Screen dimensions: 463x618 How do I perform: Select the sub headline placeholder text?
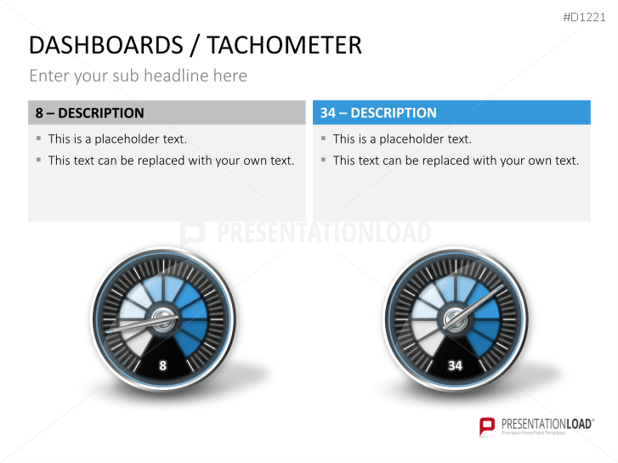click(x=138, y=76)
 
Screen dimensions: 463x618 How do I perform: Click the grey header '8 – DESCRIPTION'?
click(x=90, y=113)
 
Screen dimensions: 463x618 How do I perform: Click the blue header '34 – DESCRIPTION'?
click(x=378, y=113)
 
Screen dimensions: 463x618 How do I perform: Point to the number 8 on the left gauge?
click(x=162, y=365)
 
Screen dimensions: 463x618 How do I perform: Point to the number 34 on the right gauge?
click(x=455, y=365)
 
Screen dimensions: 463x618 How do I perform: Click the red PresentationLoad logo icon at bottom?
click(x=487, y=426)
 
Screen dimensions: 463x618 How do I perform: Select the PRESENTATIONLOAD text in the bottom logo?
click(x=543, y=422)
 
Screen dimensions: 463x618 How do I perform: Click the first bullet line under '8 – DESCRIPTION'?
click(x=117, y=139)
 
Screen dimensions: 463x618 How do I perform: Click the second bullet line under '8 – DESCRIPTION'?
click(x=171, y=161)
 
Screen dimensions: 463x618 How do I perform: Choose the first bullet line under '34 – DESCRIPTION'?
click(x=402, y=139)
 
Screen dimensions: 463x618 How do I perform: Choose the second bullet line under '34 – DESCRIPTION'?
click(x=456, y=161)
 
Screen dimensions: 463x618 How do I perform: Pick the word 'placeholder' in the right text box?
click(x=412, y=139)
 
